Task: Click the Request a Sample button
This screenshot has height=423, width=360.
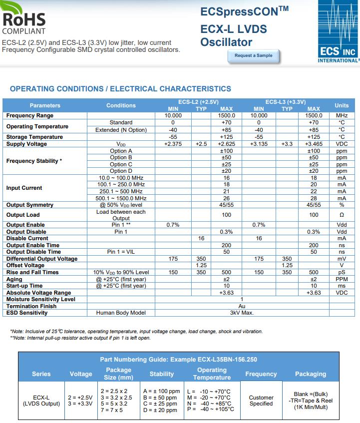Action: pos(254,55)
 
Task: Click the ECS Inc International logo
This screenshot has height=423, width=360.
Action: pos(338,31)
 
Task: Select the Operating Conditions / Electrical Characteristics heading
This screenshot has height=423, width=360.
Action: pos(120,89)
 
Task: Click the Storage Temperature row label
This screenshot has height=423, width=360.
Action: pos(34,137)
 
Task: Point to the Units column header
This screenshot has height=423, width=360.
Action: pos(342,105)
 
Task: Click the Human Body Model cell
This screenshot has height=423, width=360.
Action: pos(121,313)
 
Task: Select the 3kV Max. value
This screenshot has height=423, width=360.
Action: pos(242,313)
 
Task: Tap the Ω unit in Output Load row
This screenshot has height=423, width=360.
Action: pos(342,215)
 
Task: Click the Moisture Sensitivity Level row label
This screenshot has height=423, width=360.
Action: pos(41,299)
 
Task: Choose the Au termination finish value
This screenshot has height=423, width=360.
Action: pos(242,306)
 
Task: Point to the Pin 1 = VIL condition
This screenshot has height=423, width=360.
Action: pos(121,252)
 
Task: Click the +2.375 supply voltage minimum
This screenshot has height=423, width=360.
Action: pos(173,144)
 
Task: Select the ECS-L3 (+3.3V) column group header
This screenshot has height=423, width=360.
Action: pos(286,102)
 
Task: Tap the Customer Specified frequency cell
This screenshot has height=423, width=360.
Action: pos(261,401)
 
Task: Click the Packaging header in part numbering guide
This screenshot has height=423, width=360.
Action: pos(311,374)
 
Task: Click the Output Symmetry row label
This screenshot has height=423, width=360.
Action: pos(30,205)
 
